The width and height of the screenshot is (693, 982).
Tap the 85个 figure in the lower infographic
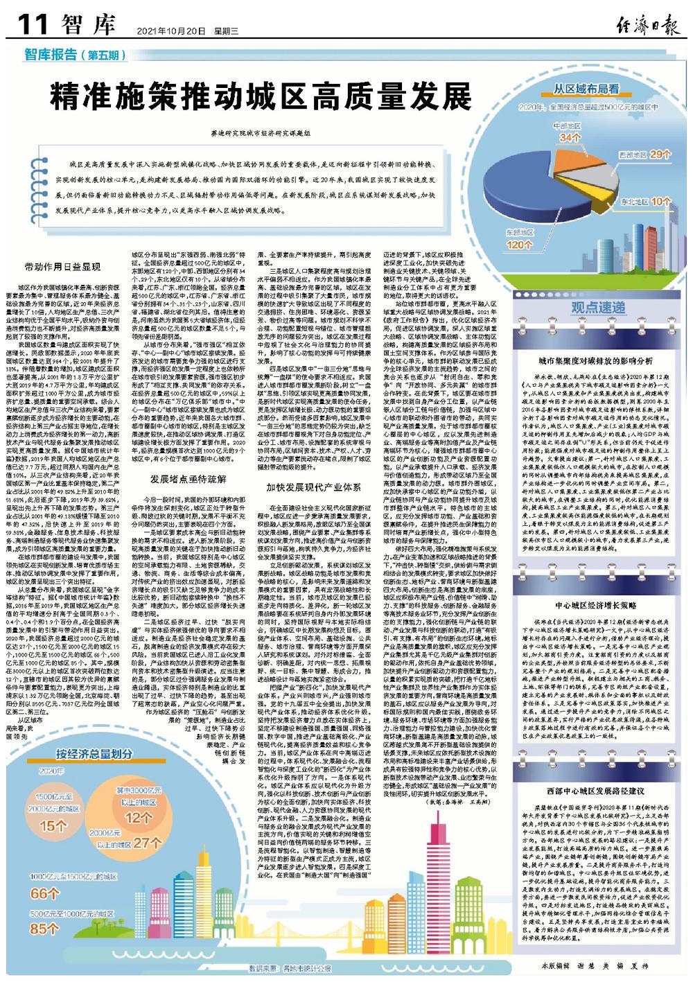pos(45,928)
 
